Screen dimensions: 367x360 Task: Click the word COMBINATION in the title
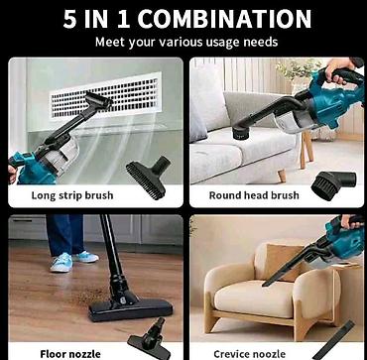pos(224,19)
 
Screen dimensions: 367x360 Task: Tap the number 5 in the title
pos(69,19)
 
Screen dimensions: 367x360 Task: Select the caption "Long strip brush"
pos(72,195)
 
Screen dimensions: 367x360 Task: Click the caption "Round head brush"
pos(254,195)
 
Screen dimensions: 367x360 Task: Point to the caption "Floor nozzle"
pos(70,354)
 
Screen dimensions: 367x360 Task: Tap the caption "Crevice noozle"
pos(250,354)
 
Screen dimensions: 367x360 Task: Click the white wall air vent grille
pos(105,96)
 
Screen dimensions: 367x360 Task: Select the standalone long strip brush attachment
pos(148,177)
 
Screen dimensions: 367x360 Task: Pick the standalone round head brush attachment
pos(333,184)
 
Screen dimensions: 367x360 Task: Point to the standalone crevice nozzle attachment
pos(334,340)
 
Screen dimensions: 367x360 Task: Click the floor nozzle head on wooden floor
pos(130,309)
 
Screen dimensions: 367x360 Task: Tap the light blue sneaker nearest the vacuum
pos(61,263)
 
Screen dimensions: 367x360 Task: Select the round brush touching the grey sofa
pos(240,132)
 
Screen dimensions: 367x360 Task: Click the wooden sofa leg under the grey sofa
pos(282,176)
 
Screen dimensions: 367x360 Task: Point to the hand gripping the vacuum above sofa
pos(338,68)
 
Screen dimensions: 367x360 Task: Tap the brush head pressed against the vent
pos(99,101)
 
